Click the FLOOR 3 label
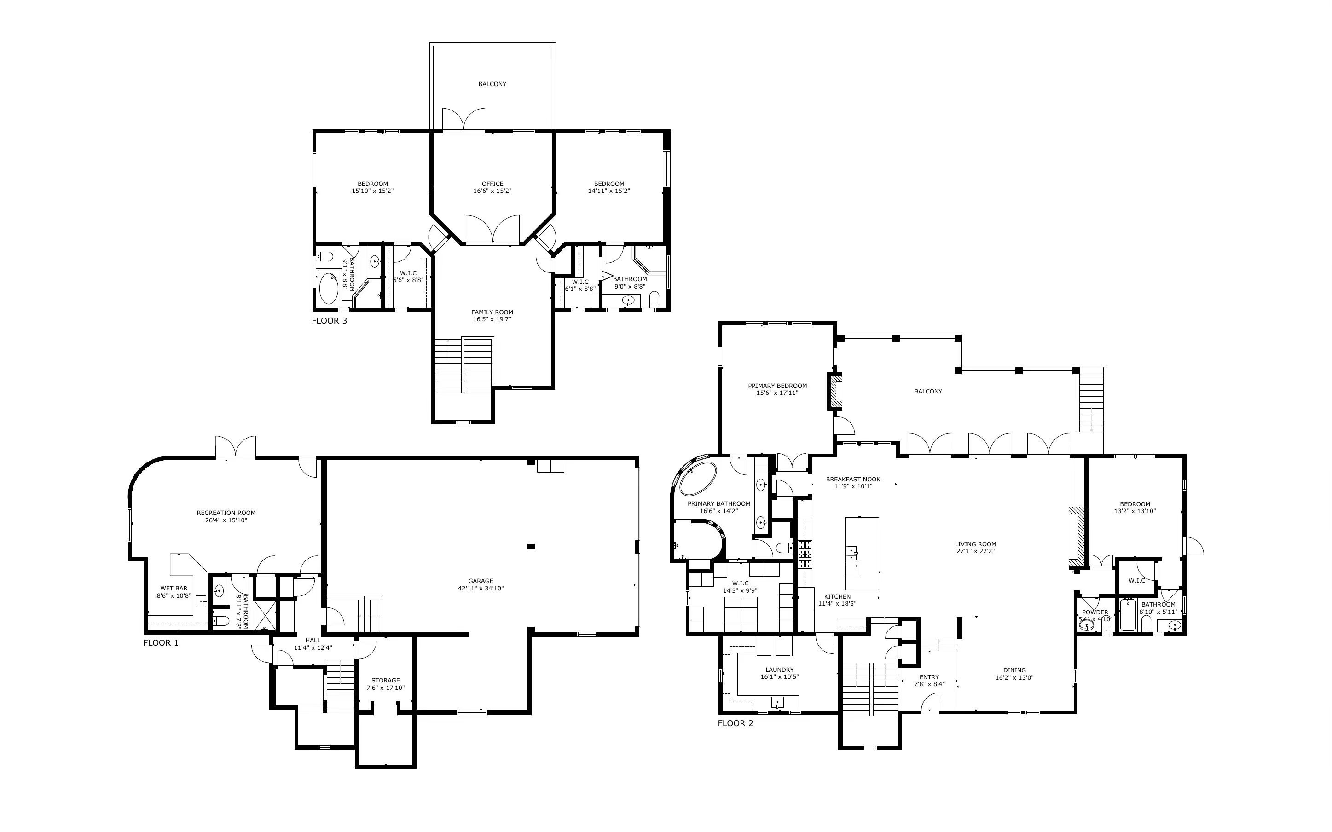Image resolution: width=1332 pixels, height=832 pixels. [329, 320]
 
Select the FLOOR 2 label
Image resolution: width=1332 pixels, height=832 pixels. [735, 723]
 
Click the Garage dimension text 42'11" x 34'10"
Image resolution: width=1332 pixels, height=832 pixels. [481, 588]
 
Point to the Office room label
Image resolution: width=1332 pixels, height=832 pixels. [492, 184]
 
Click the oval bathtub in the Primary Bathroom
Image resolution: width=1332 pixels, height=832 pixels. [698, 478]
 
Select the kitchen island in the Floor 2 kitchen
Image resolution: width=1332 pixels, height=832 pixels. [862, 553]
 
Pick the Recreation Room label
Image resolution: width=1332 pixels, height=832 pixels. [226, 513]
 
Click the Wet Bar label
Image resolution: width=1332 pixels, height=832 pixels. [174, 588]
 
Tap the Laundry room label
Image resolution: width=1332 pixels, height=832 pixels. [780, 670]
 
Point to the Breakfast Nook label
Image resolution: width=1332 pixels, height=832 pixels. [853, 480]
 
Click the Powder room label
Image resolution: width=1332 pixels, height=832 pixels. [1095, 612]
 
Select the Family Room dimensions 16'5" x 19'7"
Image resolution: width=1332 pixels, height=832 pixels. [492, 319]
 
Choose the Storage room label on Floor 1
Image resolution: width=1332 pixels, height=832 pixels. [385, 680]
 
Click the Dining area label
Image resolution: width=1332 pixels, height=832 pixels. [1014, 670]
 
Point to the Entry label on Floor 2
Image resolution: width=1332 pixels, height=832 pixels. [929, 677]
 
